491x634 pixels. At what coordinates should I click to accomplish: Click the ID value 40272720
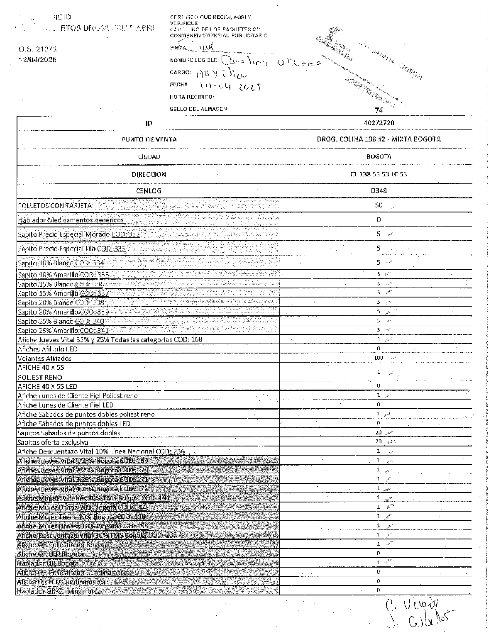(379, 123)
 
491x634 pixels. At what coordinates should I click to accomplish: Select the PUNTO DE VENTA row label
(149, 139)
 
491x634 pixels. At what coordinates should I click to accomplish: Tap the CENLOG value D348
(379, 191)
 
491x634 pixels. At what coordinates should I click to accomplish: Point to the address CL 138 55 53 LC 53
(379, 174)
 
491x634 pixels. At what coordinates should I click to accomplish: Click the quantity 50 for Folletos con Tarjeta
(379, 205)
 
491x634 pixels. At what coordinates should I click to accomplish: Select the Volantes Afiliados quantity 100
(379, 358)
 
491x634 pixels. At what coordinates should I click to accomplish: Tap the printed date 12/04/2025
(37, 59)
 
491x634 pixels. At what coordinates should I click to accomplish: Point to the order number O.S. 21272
(37, 49)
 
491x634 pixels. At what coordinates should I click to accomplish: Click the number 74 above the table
(379, 110)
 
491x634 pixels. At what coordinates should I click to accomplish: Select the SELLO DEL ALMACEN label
(198, 109)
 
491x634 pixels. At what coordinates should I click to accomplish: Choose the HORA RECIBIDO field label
(192, 97)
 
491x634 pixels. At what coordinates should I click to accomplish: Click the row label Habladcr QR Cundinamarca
(59, 591)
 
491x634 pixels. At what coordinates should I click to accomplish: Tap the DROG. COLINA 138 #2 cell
(379, 139)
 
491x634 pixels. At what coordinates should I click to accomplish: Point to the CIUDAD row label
(149, 157)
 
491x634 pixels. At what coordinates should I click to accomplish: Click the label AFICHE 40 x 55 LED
(47, 386)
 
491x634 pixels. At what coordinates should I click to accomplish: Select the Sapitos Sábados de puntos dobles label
(68, 433)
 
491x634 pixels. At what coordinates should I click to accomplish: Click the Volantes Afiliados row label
(44, 358)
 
